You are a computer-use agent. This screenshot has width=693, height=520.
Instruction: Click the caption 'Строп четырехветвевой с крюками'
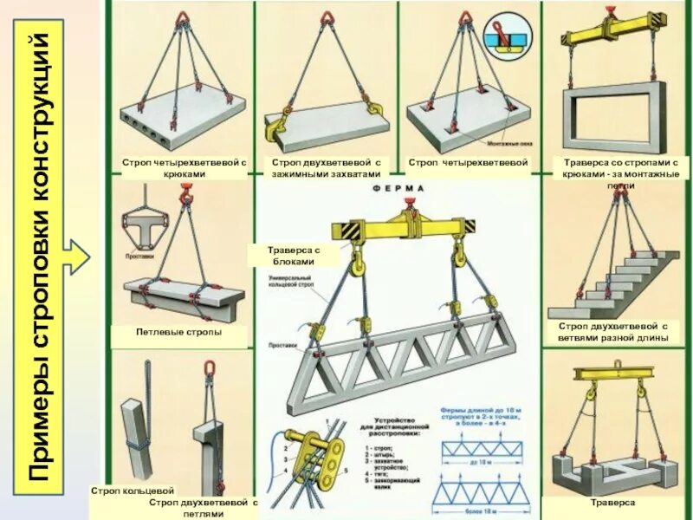(183, 168)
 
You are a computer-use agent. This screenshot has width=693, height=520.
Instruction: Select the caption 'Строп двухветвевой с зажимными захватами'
(326, 168)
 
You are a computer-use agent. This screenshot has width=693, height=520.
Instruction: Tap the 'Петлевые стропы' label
(179, 332)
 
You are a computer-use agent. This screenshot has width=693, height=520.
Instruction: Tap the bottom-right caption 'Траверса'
(612, 503)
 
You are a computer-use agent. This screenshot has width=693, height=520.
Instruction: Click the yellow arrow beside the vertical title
(79, 257)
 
